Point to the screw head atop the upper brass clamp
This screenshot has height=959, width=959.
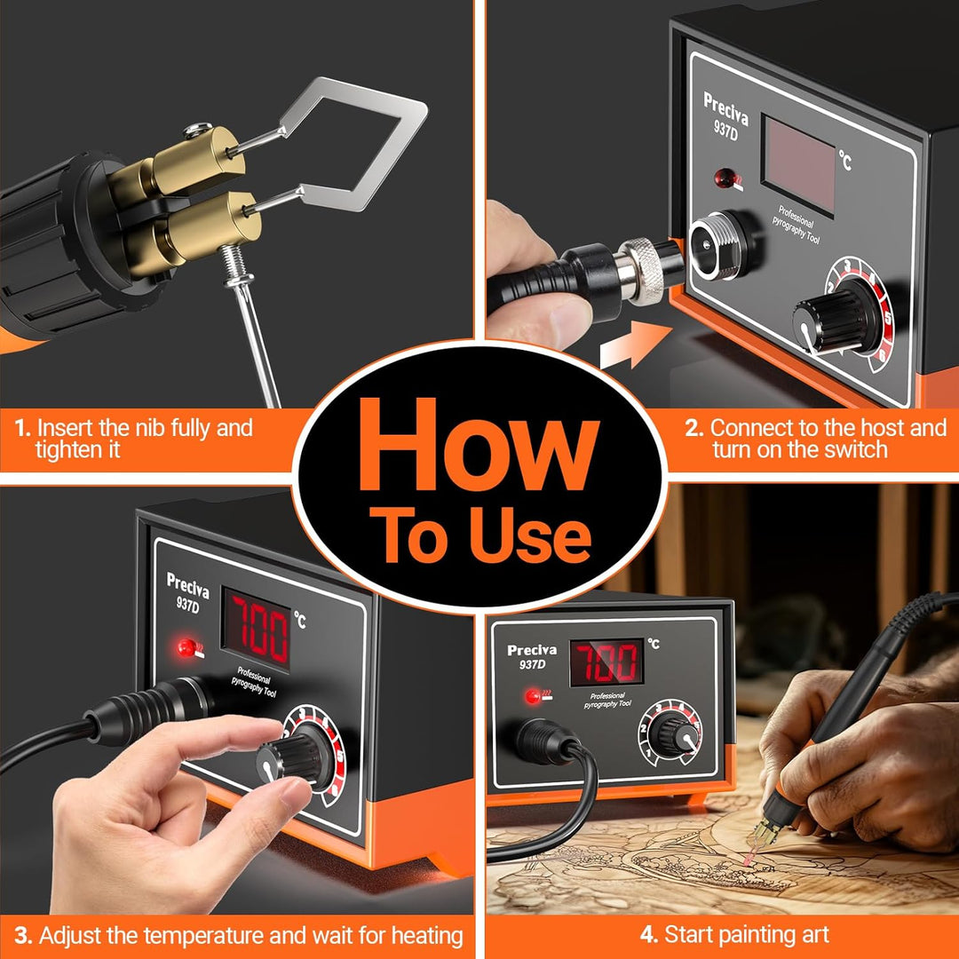[x=197, y=128]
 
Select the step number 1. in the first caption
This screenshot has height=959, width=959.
[x=22, y=427]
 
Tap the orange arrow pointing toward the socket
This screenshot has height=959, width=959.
[x=636, y=345]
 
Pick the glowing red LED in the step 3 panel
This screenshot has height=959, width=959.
[x=186, y=647]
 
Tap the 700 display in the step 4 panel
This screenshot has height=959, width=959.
[x=606, y=662]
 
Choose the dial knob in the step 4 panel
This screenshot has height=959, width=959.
[x=671, y=734]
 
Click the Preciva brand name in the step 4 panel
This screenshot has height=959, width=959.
[x=532, y=650]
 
